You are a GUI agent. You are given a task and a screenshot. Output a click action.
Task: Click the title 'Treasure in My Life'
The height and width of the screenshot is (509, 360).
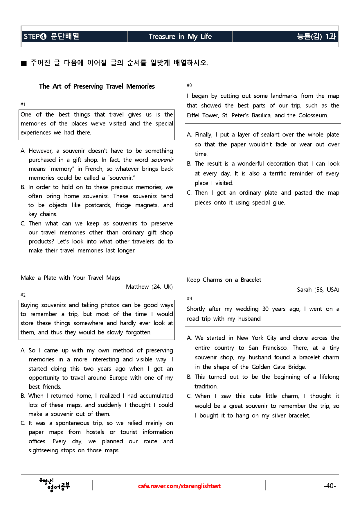click(180, 37)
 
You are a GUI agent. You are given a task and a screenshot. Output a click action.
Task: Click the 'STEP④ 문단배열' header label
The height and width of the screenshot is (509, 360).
click(51, 37)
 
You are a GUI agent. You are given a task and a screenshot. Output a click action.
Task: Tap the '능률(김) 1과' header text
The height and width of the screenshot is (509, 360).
click(316, 37)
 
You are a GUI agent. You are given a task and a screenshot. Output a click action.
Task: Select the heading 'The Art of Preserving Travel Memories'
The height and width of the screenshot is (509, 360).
click(97, 86)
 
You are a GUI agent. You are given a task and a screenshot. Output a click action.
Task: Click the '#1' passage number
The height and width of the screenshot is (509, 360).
click(23, 104)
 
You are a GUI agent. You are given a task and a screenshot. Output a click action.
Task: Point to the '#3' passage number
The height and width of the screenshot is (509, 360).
click(189, 85)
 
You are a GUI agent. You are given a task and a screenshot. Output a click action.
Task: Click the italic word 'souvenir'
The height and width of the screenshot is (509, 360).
click(162, 160)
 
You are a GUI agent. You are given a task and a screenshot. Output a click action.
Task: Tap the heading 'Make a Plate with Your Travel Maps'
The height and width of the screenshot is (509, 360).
click(70, 278)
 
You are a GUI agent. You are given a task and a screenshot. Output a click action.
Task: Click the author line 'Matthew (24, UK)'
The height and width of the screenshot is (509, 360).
click(149, 287)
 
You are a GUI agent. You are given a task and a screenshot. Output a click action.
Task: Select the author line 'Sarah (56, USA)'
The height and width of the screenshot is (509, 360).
click(318, 290)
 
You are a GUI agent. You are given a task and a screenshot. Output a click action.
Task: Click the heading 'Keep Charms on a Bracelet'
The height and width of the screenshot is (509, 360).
click(224, 280)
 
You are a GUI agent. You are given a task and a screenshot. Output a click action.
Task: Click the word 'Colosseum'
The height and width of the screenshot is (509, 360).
click(313, 115)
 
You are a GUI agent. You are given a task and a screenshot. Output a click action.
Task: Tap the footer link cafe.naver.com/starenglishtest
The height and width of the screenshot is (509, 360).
click(179, 486)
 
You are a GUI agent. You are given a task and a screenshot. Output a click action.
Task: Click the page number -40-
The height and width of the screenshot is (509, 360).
click(330, 486)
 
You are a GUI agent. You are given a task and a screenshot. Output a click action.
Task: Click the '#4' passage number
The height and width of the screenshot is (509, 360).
click(189, 298)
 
